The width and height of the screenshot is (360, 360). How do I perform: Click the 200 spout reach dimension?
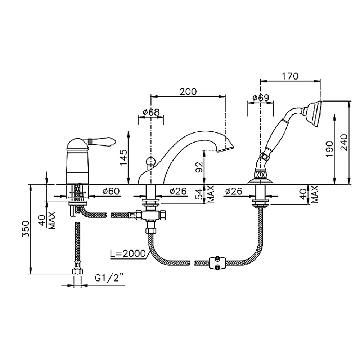pos(188,91)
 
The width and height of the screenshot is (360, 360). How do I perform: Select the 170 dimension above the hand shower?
pos(290,76)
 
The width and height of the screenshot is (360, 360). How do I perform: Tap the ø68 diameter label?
pos(151,112)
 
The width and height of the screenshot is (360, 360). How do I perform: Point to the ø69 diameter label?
pos(261,98)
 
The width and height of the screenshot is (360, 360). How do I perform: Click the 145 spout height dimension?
pos(124,157)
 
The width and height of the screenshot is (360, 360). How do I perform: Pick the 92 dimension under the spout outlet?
pos(199,167)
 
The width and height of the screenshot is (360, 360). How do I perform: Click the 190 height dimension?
pos(329,149)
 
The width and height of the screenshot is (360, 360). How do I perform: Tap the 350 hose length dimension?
pos(26,229)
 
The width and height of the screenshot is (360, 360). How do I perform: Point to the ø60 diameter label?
pos(111,191)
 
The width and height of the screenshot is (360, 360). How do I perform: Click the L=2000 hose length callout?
pos(128,253)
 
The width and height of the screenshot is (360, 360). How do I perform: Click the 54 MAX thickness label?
pos(205,194)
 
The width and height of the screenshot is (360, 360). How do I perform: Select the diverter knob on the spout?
pos(150,161)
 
